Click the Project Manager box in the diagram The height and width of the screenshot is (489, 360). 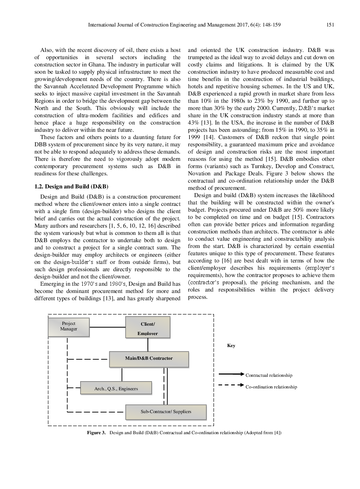(x=69, y=327)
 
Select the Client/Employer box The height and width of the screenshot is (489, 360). (x=148, y=327)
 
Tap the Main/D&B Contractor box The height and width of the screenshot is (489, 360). (x=149, y=359)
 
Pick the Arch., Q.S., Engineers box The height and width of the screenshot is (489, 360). (x=116, y=388)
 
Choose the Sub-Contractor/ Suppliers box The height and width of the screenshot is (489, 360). (x=166, y=412)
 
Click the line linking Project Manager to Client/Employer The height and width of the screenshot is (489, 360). (x=107, y=327)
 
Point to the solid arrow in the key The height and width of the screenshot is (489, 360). (x=231, y=374)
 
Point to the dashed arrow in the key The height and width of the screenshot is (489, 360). (x=231, y=385)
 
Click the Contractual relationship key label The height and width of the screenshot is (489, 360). (x=269, y=375)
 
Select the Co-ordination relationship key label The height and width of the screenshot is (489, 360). (x=271, y=387)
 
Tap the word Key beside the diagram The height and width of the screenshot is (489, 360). (x=231, y=346)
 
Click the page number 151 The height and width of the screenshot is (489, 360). (x=330, y=25)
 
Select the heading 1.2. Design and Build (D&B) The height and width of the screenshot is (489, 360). (x=71, y=187)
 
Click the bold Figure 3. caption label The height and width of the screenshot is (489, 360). (x=96, y=433)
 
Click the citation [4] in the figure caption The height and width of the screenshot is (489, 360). (x=278, y=433)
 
